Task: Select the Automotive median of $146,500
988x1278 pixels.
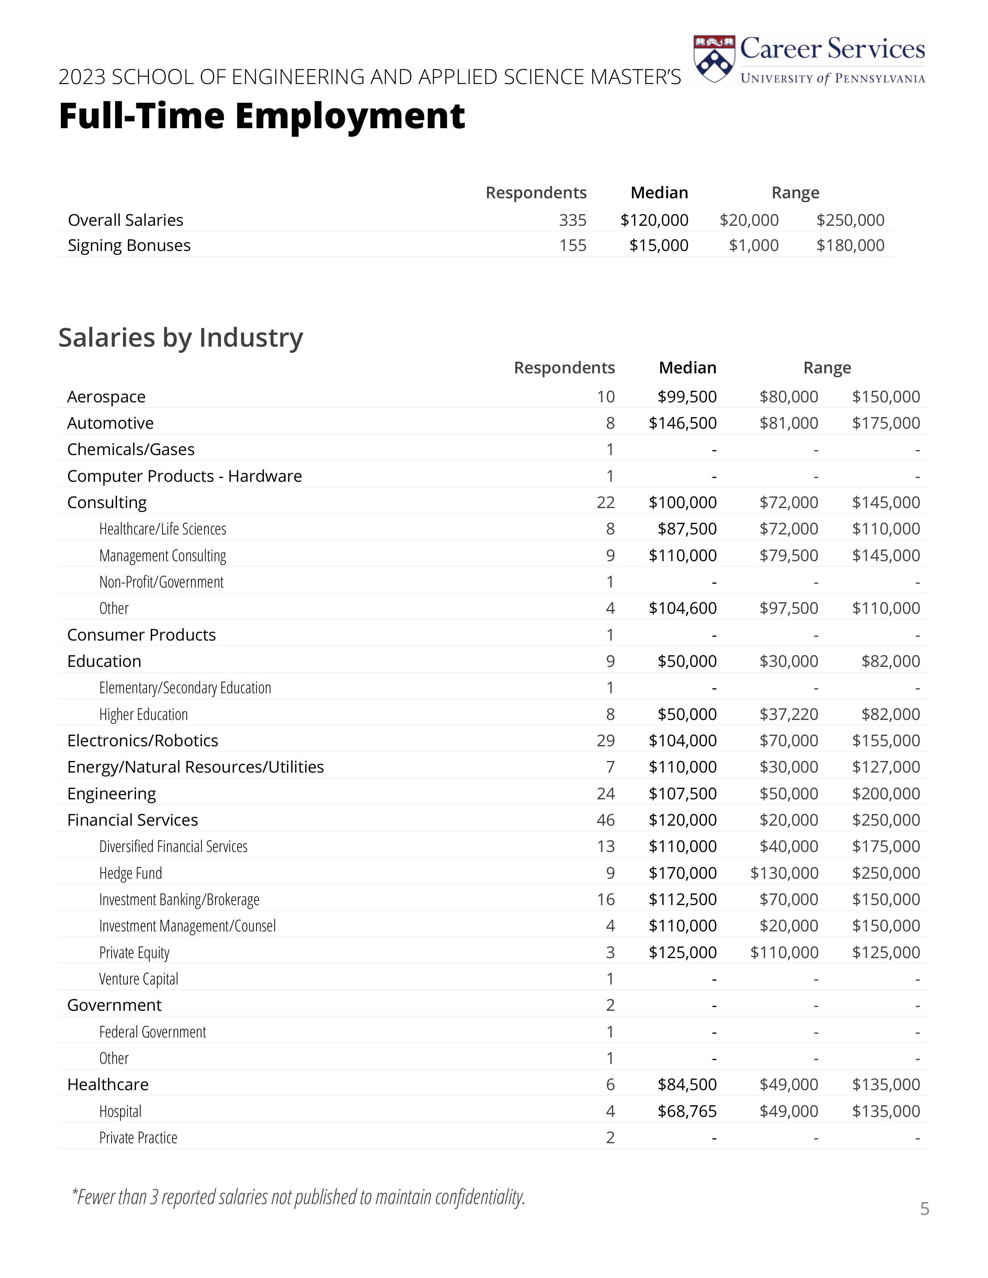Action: coord(682,423)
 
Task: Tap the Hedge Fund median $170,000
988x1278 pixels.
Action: coord(682,873)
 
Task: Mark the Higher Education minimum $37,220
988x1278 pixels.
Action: coord(788,715)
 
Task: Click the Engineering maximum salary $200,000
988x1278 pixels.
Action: coord(886,794)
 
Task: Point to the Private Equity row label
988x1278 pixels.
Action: coord(134,953)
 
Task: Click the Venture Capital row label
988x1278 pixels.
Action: coord(138,979)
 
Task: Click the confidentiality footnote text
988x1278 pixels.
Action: coord(298,1197)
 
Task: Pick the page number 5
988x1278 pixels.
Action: coord(924,1209)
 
